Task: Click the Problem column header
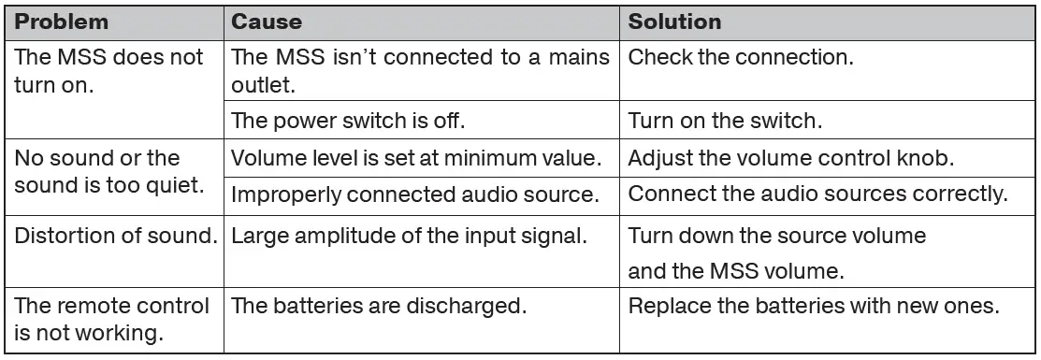(x=62, y=21)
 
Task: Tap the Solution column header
(x=674, y=21)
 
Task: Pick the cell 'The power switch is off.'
(x=349, y=122)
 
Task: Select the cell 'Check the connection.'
(x=741, y=57)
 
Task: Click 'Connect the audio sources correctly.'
(x=818, y=195)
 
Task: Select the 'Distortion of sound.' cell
(x=115, y=235)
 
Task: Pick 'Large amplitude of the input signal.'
(x=408, y=235)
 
